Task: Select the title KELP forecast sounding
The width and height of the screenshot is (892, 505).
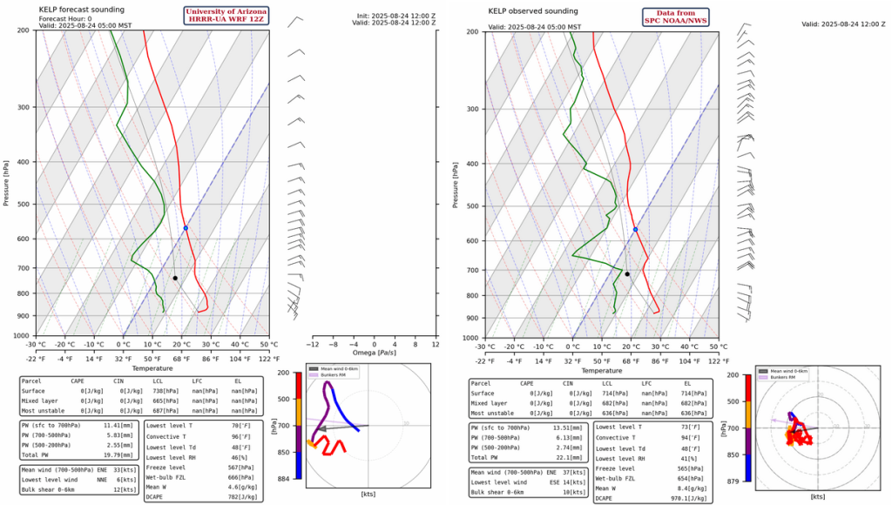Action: pos(84,10)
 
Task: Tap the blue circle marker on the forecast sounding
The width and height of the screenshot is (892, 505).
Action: pos(186,228)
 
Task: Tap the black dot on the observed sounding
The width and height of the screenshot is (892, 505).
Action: pos(627,274)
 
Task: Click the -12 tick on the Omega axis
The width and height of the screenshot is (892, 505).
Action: pos(312,343)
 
